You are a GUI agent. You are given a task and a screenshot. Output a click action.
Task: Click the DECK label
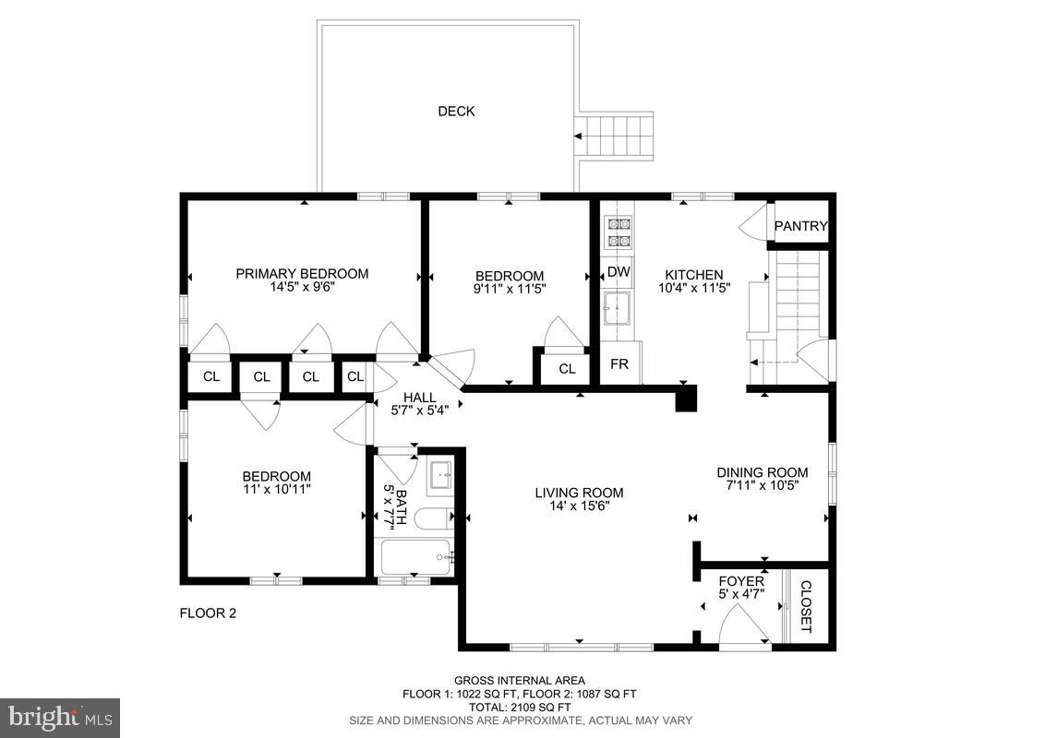(456, 112)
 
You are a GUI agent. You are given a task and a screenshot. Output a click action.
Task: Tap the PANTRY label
(799, 227)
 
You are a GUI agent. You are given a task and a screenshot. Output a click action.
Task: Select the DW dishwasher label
(619, 272)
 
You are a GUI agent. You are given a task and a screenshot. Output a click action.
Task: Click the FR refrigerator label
(619, 364)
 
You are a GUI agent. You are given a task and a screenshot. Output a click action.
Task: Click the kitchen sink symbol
(617, 309)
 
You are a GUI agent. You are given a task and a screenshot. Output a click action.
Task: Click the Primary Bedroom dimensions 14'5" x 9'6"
(302, 287)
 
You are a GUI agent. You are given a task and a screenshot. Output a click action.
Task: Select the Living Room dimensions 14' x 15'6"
(579, 506)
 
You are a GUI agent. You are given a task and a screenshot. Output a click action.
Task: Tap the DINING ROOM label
(763, 472)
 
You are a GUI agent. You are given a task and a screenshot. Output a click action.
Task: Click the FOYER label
(741, 581)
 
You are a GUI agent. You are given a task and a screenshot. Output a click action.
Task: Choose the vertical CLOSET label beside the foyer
(805, 606)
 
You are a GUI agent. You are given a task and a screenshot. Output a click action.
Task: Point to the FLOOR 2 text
(208, 613)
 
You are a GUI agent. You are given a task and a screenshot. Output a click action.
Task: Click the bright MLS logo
(60, 717)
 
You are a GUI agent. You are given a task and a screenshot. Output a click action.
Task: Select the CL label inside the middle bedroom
(567, 369)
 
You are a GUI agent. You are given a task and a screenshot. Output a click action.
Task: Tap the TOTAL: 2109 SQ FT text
(519, 707)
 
